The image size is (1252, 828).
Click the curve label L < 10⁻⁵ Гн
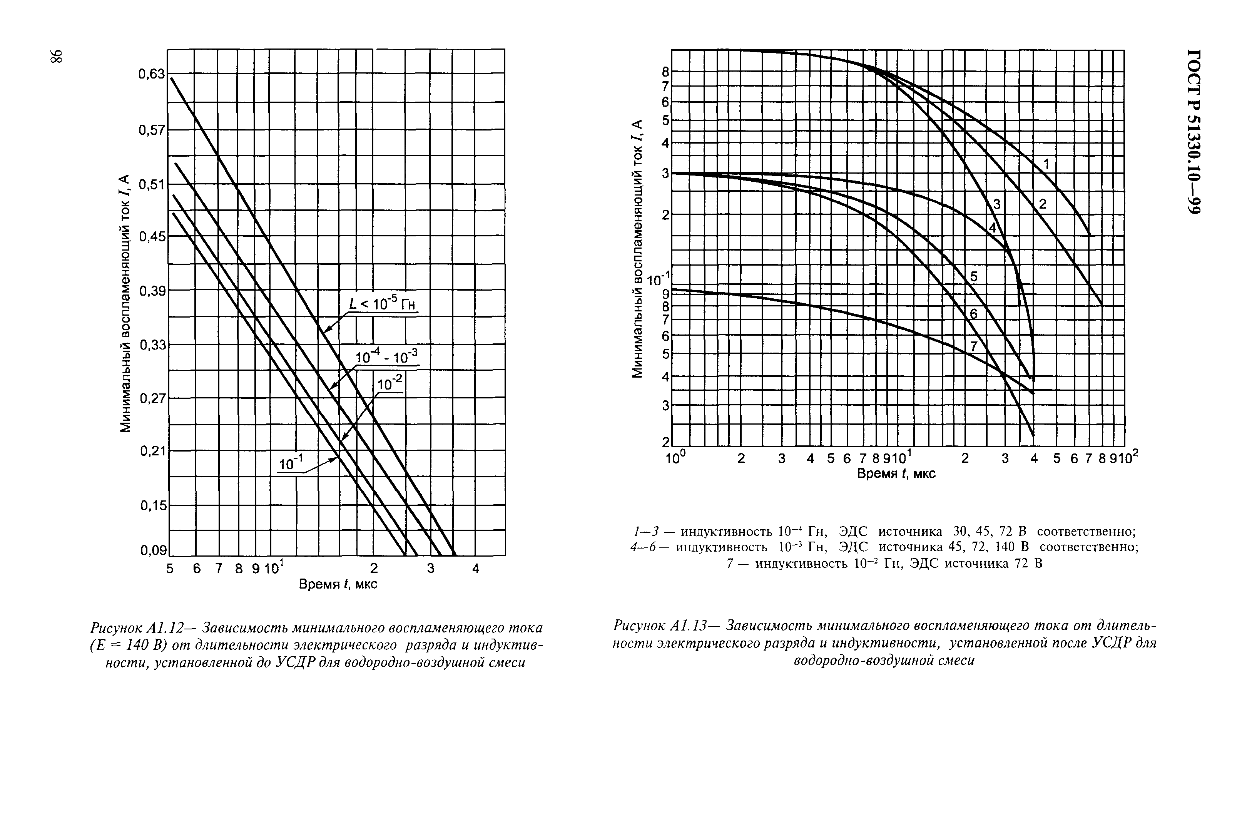click(382, 304)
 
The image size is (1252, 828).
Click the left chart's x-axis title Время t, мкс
click(338, 584)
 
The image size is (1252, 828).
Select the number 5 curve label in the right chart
click(974, 276)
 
